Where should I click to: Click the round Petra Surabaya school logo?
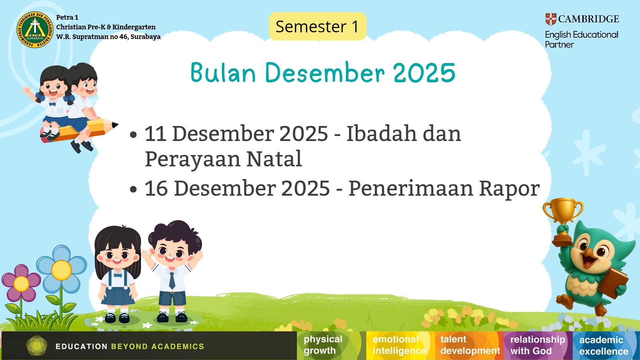click(35, 30)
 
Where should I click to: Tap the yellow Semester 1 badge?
click(318, 26)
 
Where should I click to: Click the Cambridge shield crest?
click(551, 19)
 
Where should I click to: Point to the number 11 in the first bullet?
click(155, 134)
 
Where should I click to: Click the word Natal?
click(274, 159)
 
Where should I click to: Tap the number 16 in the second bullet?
click(156, 188)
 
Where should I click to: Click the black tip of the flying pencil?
click(115, 125)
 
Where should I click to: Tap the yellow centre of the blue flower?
click(61, 270)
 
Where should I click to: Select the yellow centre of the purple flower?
click(21, 284)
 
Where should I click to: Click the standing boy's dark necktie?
click(172, 280)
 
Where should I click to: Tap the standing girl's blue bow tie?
click(118, 275)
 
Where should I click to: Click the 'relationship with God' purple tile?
click(538, 345)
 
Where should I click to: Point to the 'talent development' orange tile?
click(469, 345)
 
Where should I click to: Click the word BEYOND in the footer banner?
click(129, 347)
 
